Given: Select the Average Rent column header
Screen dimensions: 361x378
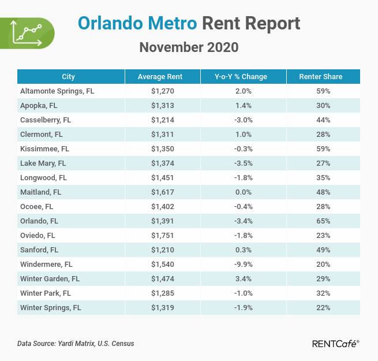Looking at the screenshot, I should pos(160,77).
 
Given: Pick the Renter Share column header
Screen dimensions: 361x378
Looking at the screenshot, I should pos(320,77).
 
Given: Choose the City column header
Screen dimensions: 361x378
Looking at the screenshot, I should pos(68,77).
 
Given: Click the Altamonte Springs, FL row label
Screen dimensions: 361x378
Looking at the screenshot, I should pos(57,91).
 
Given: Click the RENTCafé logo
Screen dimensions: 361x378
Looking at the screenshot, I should pos(335,344).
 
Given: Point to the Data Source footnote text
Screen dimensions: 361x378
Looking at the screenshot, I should pos(76,344).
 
